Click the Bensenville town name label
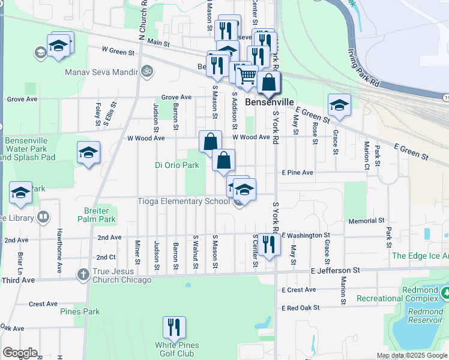pyautogui.click(x=270, y=103)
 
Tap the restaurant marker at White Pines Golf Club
pyautogui.click(x=174, y=328)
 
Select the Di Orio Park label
pyautogui.click(x=177, y=165)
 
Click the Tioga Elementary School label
pyautogui.click(x=184, y=202)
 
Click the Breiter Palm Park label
pyautogui.click(x=97, y=215)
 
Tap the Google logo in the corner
pyautogui.click(x=20, y=353)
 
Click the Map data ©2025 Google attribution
pyautogui.click(x=412, y=355)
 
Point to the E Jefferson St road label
pyautogui.click(x=335, y=271)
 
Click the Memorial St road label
pyautogui.click(x=361, y=221)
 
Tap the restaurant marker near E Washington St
pyautogui.click(x=268, y=244)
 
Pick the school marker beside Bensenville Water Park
pyautogui.click(x=88, y=152)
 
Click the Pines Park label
pyautogui.click(x=80, y=311)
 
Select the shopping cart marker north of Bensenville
pyautogui.click(x=247, y=76)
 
